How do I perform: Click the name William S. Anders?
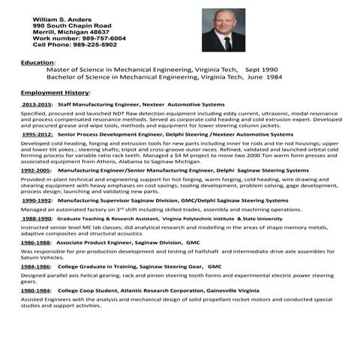click(60, 17)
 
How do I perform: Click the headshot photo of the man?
click(223, 30)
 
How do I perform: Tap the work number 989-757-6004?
click(103, 37)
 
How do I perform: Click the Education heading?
click(37, 61)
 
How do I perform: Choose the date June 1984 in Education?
click(263, 76)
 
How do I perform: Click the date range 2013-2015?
click(37, 104)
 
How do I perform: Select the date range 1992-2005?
click(36, 170)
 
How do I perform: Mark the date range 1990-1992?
click(37, 200)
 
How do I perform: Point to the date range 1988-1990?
click(37, 218)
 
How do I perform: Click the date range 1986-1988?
click(36, 243)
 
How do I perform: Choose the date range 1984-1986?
click(36, 266)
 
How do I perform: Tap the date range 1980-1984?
click(36, 290)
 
